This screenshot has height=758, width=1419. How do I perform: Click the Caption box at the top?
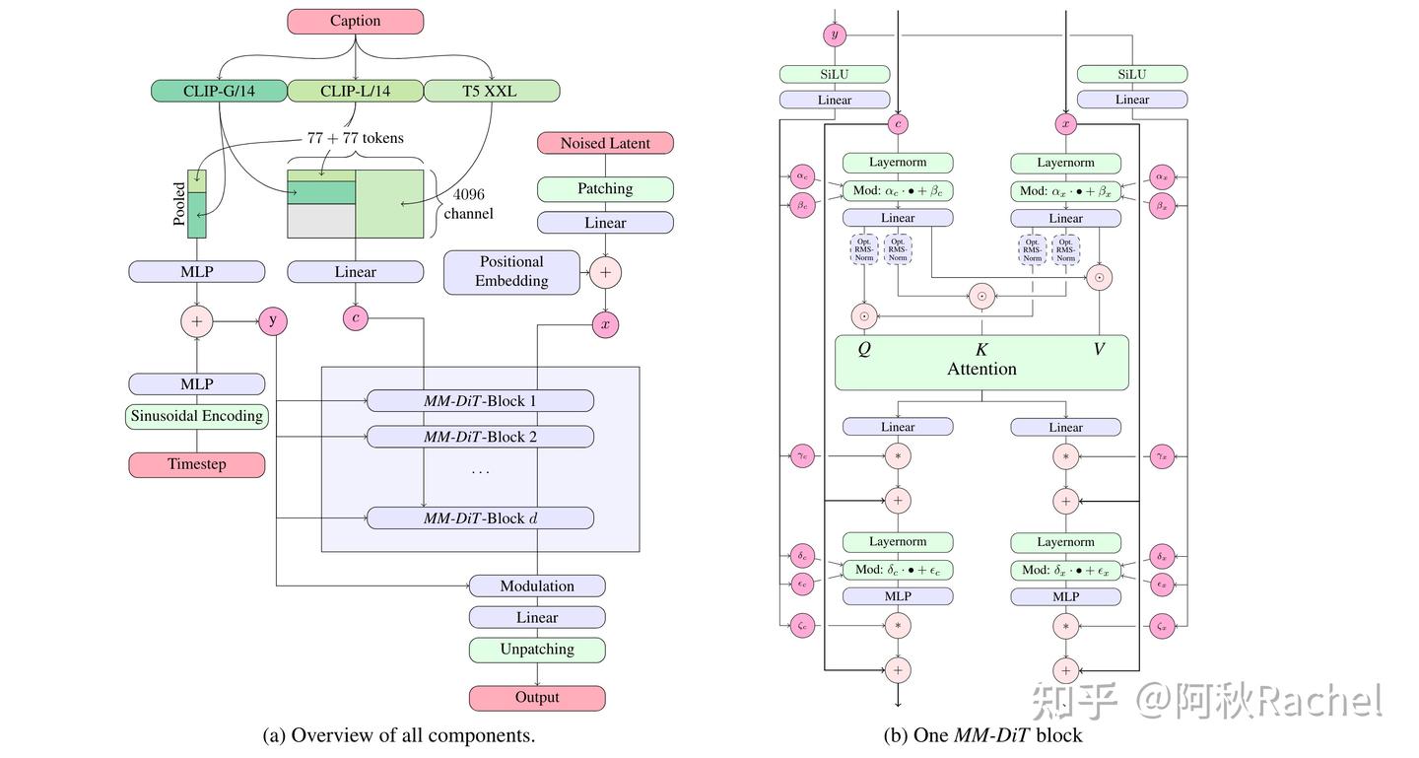[x=355, y=21]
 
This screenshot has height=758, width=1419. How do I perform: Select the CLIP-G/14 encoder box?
[x=218, y=91]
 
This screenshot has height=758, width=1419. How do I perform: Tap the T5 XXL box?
[x=492, y=91]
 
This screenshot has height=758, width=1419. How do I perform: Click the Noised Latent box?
[x=605, y=143]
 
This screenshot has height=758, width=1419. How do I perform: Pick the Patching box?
[x=605, y=189]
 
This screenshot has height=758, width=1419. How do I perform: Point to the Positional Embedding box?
[x=511, y=271]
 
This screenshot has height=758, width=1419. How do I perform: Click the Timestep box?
[x=197, y=464]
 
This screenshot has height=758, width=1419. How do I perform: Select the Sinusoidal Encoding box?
[x=197, y=416]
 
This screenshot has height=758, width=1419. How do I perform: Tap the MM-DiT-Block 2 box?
[x=480, y=436]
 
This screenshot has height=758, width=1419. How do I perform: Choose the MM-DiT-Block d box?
[x=480, y=517]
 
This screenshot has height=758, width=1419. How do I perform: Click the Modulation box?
[x=537, y=586]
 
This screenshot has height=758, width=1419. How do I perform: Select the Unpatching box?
[x=537, y=650]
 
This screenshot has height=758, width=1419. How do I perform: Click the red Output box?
[x=537, y=698]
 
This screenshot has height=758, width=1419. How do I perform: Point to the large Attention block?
[x=981, y=369]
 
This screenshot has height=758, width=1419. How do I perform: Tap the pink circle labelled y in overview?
[x=273, y=320]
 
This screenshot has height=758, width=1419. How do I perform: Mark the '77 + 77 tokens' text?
[x=355, y=138]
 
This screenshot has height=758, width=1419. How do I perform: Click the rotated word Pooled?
[x=179, y=204]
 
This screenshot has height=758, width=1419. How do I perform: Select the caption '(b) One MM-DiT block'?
[x=982, y=735]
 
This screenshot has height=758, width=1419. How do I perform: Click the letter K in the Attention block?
[x=981, y=349]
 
